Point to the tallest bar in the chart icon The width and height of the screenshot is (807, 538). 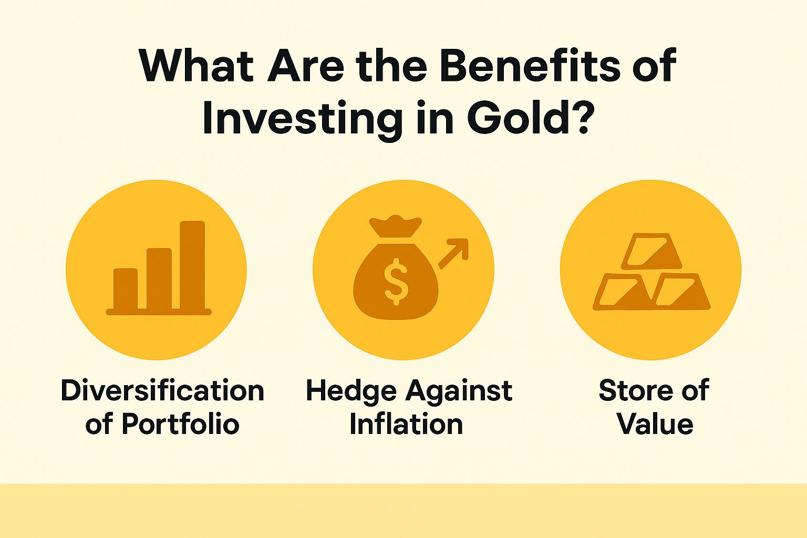tap(192, 265)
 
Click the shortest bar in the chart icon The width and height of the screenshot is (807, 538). tap(125, 288)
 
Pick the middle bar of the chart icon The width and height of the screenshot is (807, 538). tap(159, 278)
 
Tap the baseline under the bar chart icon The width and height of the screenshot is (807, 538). tap(159, 312)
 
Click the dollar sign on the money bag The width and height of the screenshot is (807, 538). tap(395, 284)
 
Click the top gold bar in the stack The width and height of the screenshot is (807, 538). tap(651, 251)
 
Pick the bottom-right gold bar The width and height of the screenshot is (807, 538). tap(681, 292)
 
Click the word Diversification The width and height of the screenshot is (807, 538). tap(162, 391)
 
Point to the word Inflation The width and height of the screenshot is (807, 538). tap(406, 424)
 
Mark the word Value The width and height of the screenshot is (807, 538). tap(655, 424)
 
